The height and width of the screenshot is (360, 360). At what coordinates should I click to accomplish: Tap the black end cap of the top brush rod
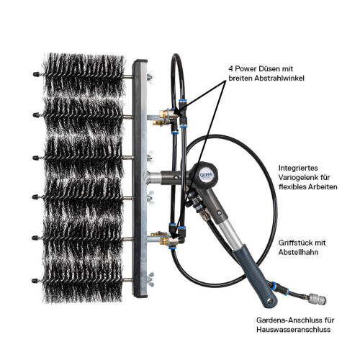(x=34, y=73)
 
